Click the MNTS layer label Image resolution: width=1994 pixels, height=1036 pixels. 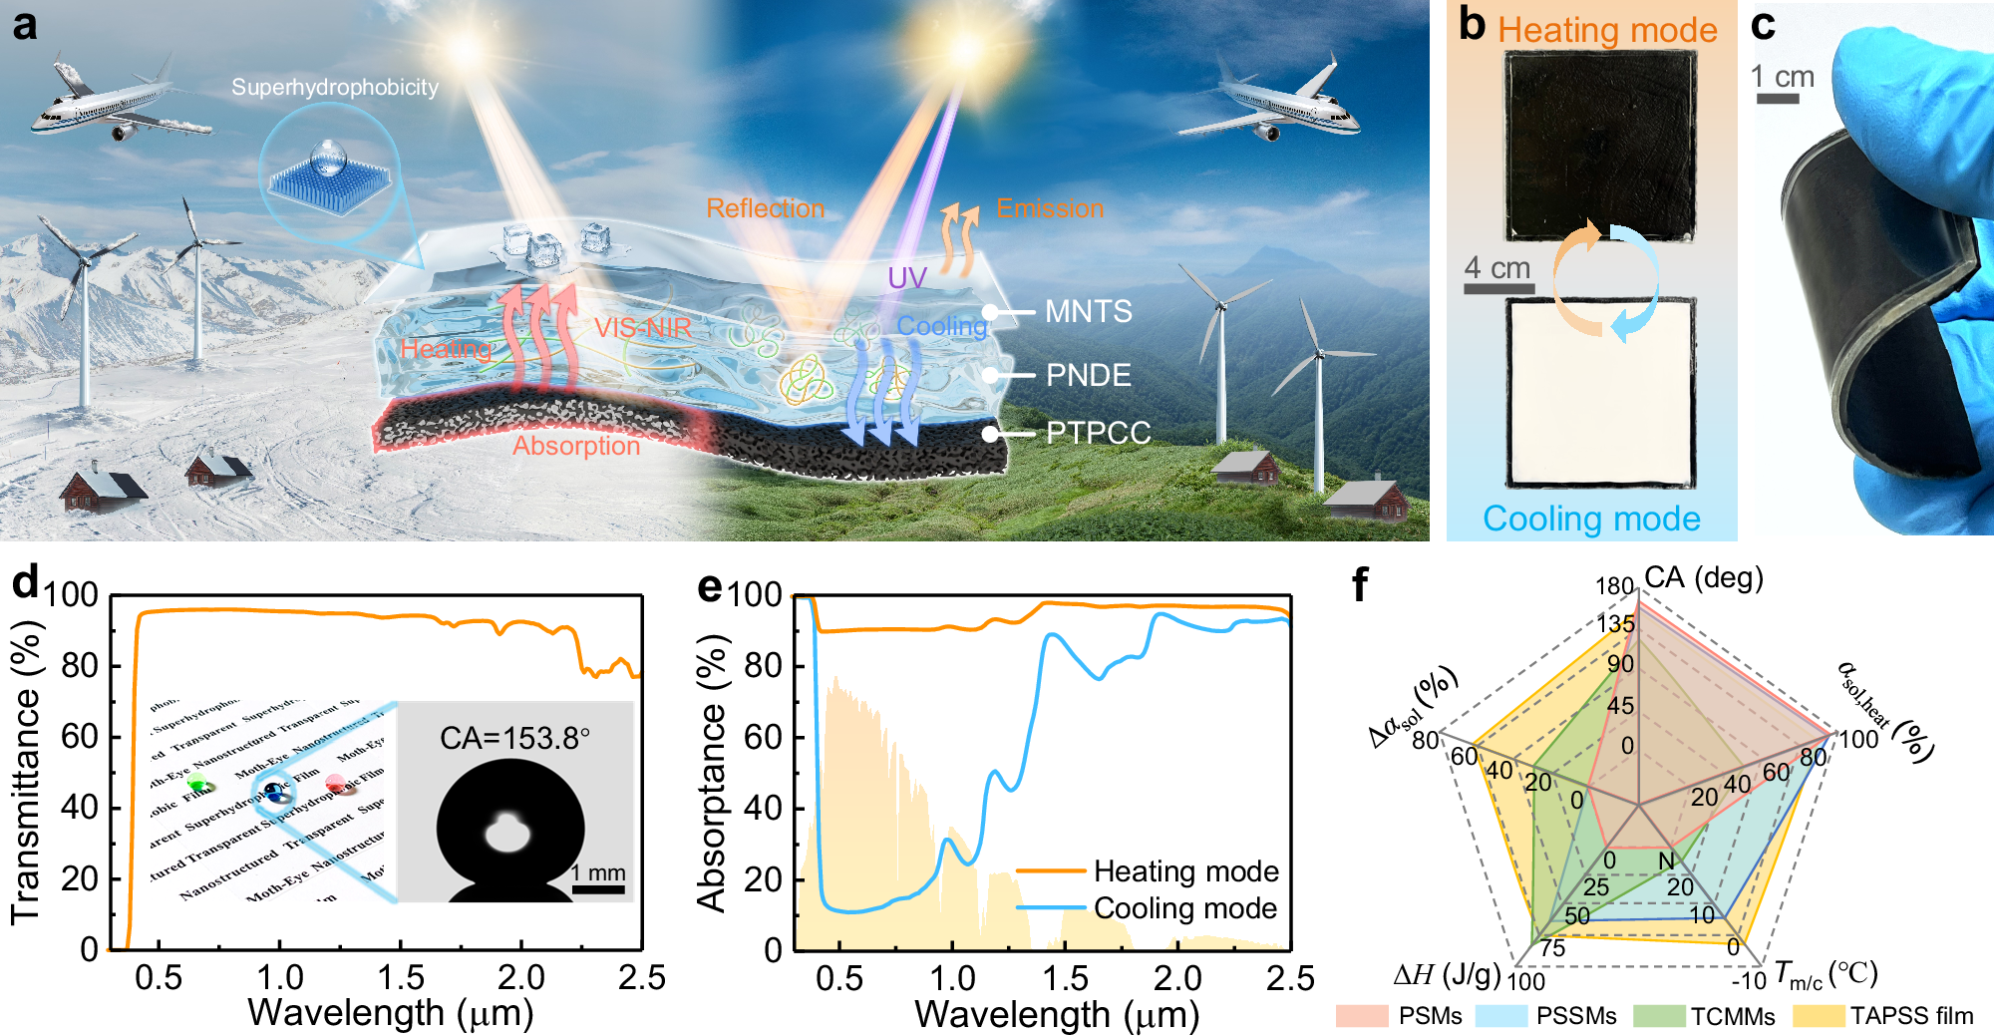click(x=1088, y=312)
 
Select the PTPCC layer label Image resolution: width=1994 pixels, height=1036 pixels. click(x=1098, y=433)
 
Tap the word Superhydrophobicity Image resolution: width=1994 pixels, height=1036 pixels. click(x=335, y=88)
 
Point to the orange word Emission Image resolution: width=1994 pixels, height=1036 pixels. click(x=1050, y=208)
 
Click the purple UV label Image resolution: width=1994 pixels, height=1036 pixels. click(x=907, y=278)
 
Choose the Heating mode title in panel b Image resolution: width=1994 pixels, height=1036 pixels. click(x=1607, y=30)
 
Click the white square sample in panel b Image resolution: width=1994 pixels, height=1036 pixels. click(x=1600, y=392)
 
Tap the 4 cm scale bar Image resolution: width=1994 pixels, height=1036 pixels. click(x=1498, y=289)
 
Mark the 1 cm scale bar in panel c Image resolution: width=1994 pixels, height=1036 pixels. click(x=1777, y=99)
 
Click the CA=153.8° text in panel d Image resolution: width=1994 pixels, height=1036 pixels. click(x=514, y=739)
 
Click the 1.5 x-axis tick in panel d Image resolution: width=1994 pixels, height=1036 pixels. click(x=401, y=977)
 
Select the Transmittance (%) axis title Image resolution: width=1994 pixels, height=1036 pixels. click(x=26, y=773)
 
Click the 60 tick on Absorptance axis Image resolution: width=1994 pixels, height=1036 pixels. click(x=763, y=737)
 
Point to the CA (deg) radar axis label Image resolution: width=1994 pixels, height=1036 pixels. click(x=1703, y=578)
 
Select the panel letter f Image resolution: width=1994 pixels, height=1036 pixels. click(x=1359, y=585)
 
